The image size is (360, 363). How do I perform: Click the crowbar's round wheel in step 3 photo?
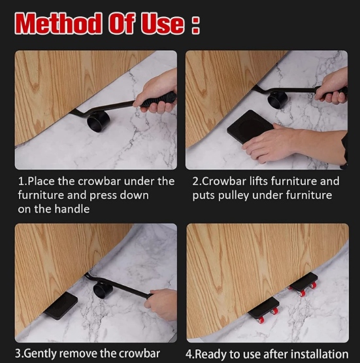click(103, 288)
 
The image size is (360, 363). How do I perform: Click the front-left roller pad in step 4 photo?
click(263, 307)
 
